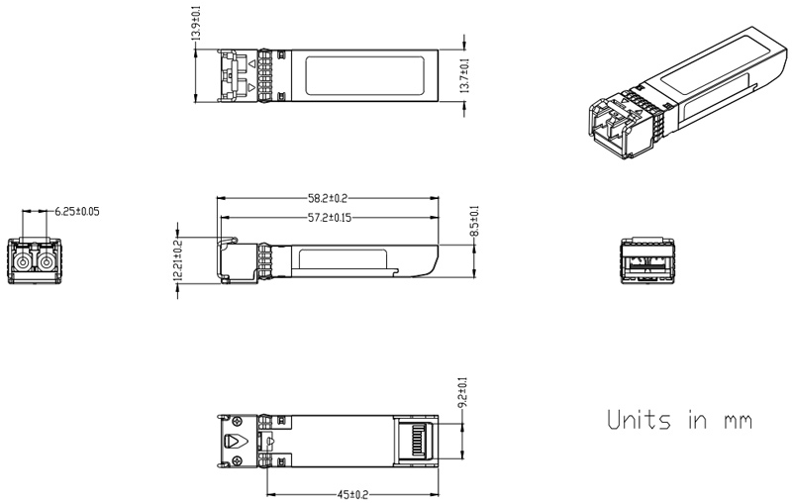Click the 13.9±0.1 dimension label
point(195,22)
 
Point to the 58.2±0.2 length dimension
point(328,199)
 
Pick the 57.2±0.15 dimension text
point(328,217)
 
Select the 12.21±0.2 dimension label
point(178,260)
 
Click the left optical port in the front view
point(23,261)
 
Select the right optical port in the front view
point(45,261)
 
